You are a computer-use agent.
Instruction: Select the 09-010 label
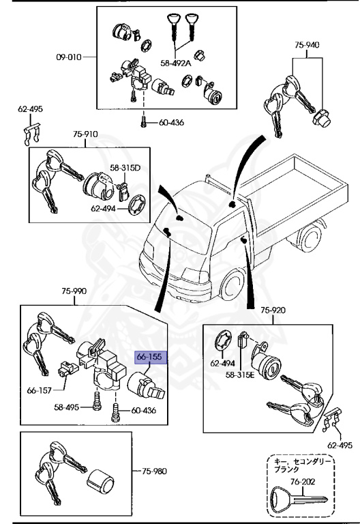tap(69, 57)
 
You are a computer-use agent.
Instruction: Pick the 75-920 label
tap(274, 310)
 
